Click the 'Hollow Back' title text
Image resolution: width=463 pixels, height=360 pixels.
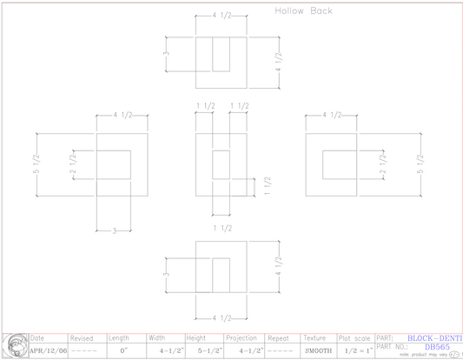tap(303, 11)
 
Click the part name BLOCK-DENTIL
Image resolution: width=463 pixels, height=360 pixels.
tap(434, 337)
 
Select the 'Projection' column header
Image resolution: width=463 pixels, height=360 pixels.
tap(241, 338)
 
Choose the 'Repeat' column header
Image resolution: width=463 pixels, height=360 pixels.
tap(279, 338)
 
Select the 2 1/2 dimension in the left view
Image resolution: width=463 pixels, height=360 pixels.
tap(74, 163)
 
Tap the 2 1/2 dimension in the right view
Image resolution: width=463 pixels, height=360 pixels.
tap(382, 163)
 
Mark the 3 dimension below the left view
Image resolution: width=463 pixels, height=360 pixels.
tap(114, 230)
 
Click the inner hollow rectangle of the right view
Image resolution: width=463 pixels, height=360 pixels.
tap(341, 163)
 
